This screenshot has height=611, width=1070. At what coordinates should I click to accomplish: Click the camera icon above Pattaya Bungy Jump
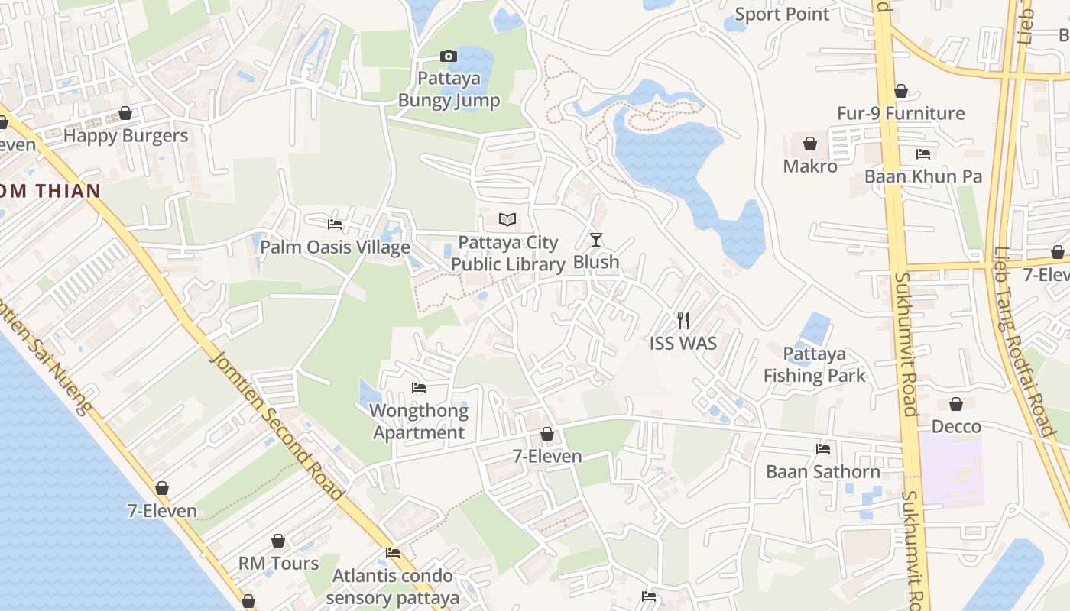(x=449, y=56)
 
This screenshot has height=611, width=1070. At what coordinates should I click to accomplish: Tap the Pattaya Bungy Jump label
(x=449, y=89)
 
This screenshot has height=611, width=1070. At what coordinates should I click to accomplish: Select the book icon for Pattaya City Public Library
(x=507, y=220)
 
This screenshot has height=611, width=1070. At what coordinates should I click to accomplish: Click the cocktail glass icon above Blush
(x=596, y=240)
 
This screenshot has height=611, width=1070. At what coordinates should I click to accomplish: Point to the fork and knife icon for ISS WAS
(x=683, y=321)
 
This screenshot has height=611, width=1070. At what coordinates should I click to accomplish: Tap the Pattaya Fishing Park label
(x=815, y=364)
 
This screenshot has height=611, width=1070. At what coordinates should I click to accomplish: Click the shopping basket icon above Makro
(x=810, y=144)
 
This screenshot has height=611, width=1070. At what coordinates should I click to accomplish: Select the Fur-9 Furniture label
(x=901, y=114)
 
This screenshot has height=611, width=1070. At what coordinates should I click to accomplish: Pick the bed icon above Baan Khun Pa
(x=923, y=154)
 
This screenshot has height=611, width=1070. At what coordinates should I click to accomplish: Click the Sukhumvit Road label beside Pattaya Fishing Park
(x=906, y=344)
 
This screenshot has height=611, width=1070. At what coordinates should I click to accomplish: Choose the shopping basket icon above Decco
(x=956, y=404)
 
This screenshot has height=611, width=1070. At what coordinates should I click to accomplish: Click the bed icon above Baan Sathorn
(x=823, y=449)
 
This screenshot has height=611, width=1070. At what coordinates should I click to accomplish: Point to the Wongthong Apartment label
(x=418, y=422)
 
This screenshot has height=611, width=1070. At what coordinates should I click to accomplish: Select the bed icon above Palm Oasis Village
(x=335, y=225)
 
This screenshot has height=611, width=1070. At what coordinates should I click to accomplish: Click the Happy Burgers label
(x=125, y=136)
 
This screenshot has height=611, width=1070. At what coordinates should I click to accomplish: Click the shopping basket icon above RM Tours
(x=278, y=541)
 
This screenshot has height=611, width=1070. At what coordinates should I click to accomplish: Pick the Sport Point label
(x=782, y=15)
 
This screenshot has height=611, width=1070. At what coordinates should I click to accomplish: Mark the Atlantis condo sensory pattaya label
(x=393, y=587)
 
